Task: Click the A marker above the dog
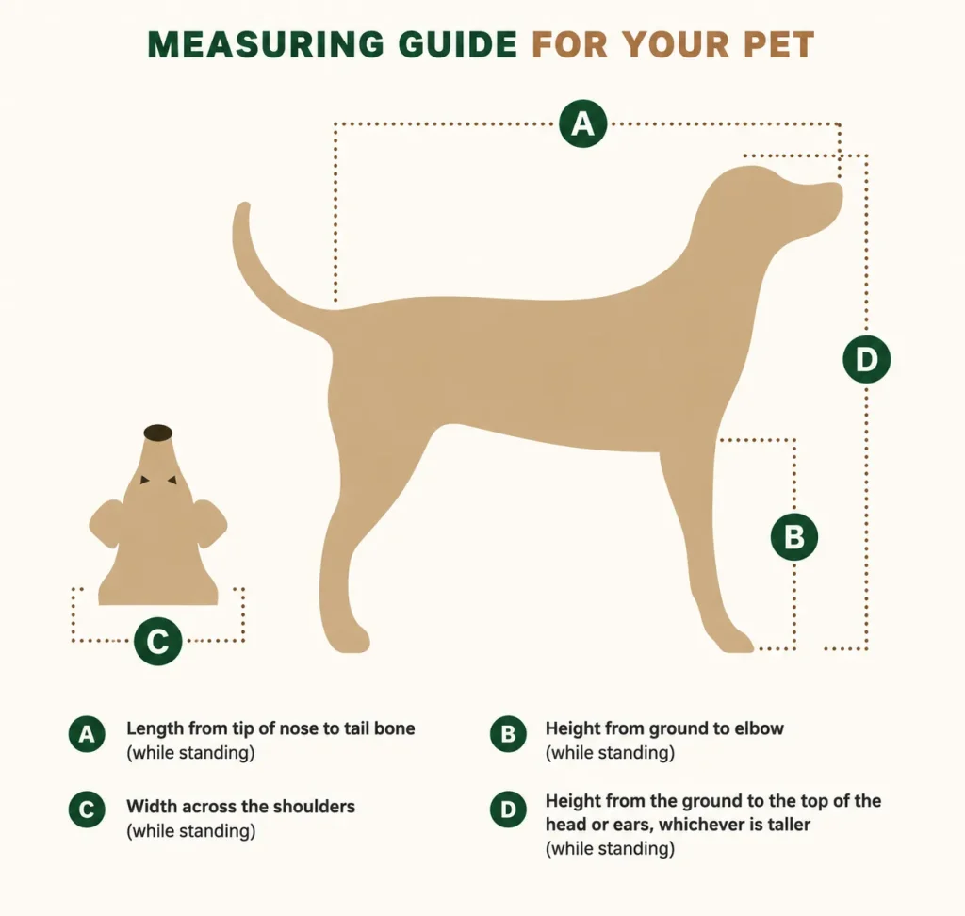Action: [x=582, y=123]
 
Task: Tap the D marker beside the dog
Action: [x=867, y=359]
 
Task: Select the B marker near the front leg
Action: [x=794, y=537]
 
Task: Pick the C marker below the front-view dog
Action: [x=158, y=642]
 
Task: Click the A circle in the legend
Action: [x=87, y=734]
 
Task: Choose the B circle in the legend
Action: [x=508, y=734]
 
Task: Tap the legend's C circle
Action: [x=87, y=810]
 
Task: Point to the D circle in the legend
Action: [x=508, y=810]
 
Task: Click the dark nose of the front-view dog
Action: [x=158, y=433]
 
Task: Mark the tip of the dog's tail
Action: [x=244, y=205]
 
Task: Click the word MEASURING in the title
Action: [x=267, y=45]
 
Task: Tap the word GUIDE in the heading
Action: [x=457, y=45]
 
